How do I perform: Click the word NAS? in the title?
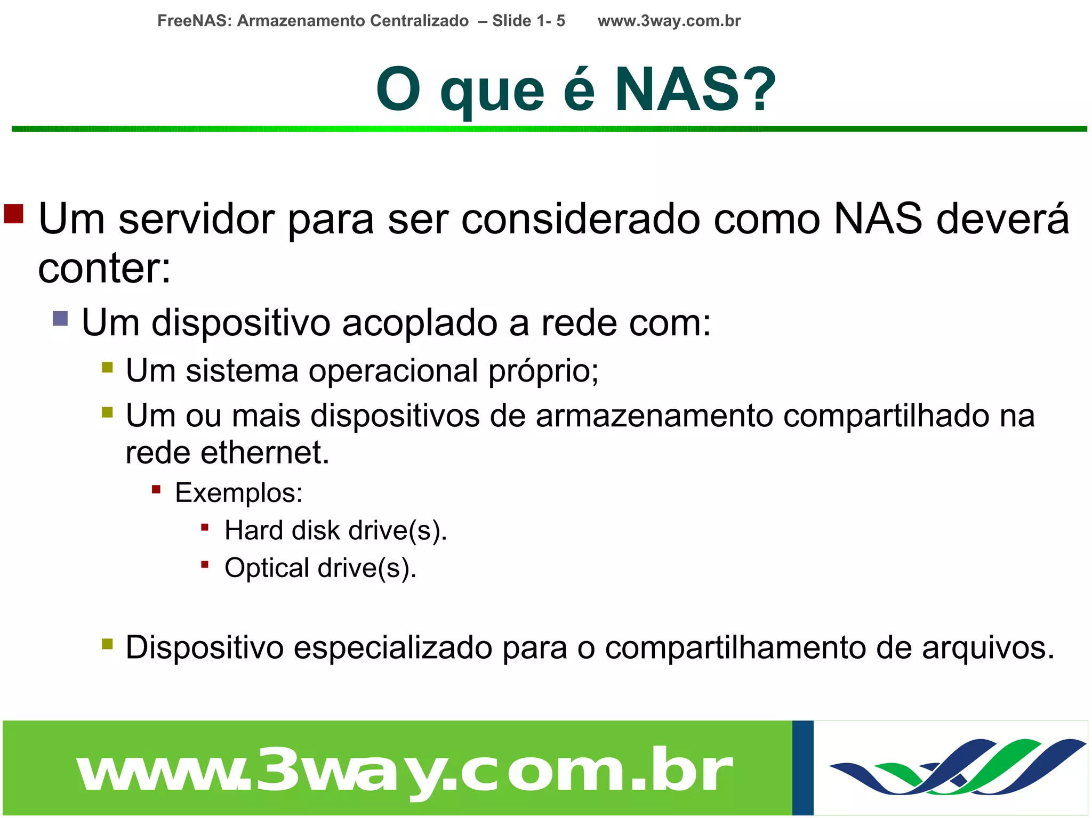(695, 90)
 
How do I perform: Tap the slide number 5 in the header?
(560, 21)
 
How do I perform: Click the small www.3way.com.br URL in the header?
(669, 21)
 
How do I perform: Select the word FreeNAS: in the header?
(195, 21)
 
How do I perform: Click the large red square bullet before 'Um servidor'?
(14, 214)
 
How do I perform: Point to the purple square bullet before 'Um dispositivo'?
(60, 319)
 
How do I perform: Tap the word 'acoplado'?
(419, 323)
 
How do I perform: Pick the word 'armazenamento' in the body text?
(654, 416)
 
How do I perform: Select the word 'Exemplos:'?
(238, 493)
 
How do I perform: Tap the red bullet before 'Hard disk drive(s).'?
(205, 528)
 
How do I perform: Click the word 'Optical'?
(267, 568)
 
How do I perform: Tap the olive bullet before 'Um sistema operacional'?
(107, 367)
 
